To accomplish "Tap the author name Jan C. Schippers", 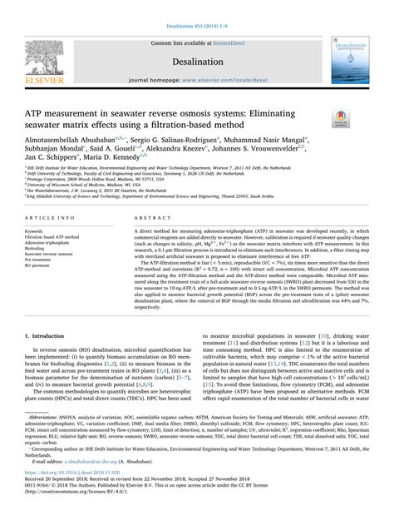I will coord(48,155).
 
